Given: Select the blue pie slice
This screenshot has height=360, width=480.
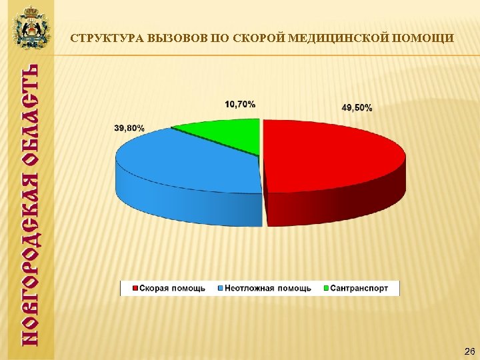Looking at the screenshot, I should coord(187,163).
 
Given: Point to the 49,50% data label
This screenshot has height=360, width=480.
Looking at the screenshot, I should coord(357,108).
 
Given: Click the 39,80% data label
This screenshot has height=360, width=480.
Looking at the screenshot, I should coord(129,128).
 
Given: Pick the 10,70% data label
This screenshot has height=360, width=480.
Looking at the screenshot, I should coord(240,104).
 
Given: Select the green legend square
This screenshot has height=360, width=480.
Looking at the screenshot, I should coord(326,288).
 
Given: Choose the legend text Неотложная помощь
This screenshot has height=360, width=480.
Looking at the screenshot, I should coord(267,288).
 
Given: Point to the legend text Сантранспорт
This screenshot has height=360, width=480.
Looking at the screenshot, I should coord(360,288).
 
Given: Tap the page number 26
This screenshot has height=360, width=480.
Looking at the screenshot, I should coord(469,351).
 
